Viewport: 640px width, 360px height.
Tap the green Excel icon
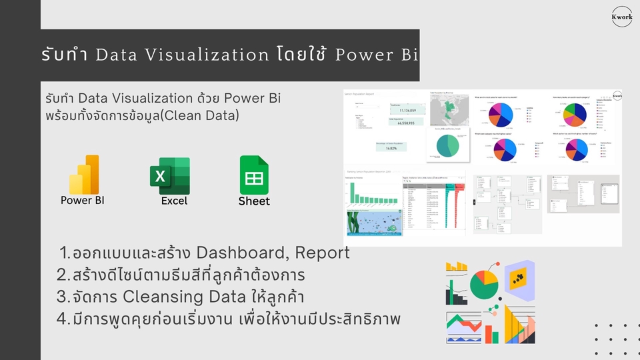(x=170, y=175)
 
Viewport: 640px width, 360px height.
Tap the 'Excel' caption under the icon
(x=174, y=201)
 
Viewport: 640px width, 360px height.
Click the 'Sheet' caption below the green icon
(x=254, y=201)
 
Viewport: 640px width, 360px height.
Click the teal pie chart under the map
(x=447, y=146)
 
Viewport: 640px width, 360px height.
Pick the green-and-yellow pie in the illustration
(x=485, y=285)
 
